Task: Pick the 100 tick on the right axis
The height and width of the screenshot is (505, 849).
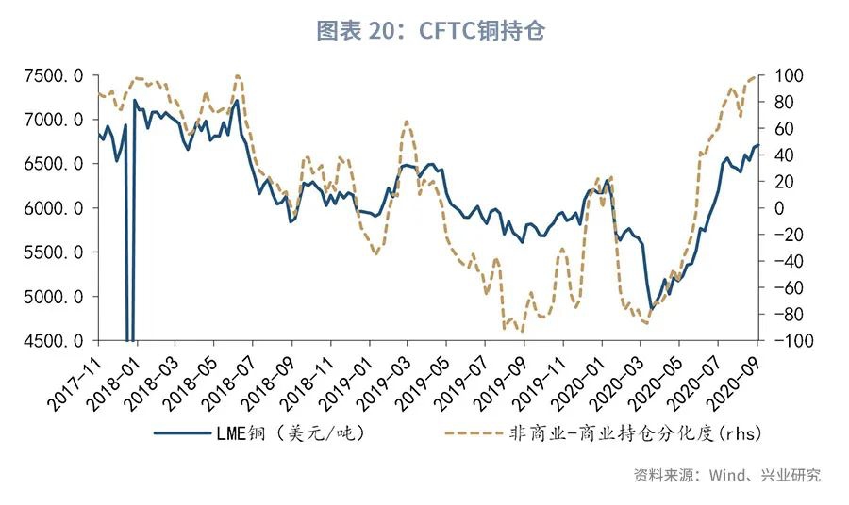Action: point(788,75)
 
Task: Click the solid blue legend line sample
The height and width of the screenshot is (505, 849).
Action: point(185,434)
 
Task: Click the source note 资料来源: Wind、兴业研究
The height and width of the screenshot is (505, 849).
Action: point(726,475)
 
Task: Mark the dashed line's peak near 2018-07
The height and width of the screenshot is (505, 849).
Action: point(238,75)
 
